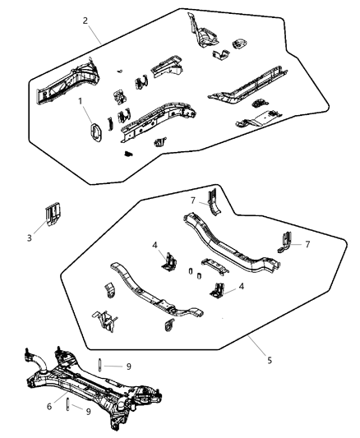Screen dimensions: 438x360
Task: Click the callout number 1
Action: click(80, 102)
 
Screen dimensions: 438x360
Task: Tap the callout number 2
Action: click(85, 21)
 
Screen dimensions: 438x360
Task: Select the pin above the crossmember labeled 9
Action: click(99, 367)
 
